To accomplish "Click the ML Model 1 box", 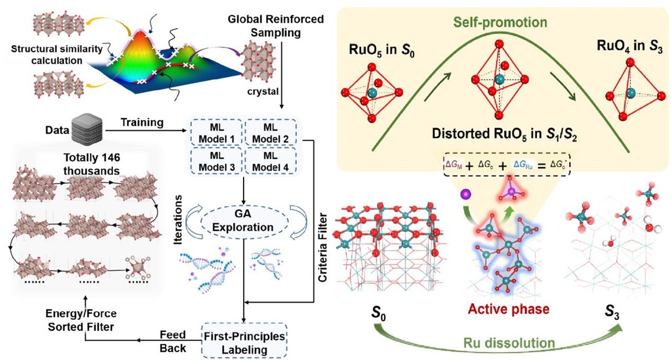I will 216,133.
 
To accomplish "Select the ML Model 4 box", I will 270,160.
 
